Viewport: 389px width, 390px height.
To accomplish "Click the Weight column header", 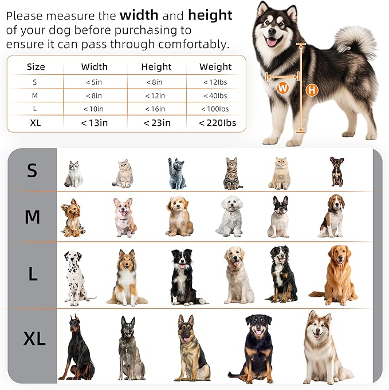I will tap(215, 67).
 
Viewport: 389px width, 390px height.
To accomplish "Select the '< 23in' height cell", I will tap(156, 122).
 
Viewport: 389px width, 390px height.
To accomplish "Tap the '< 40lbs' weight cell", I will tap(215, 95).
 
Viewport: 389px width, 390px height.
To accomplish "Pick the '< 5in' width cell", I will tap(94, 82).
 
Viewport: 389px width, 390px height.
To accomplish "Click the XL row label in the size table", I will tap(36, 122).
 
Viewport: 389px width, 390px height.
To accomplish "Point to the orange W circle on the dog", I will tap(282, 88).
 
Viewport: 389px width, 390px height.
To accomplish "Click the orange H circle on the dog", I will tap(312, 90).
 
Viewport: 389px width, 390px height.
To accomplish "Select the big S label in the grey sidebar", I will tap(33, 170).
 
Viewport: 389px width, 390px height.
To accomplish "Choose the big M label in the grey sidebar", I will tap(33, 217).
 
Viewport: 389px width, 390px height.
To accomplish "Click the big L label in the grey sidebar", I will tap(33, 274).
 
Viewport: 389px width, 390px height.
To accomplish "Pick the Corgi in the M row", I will tap(125, 217).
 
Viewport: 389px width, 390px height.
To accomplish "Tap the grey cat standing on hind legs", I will tap(177, 173).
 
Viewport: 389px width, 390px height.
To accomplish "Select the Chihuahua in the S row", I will tap(337, 172).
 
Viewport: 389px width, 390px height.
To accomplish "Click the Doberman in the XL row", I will tap(77, 347).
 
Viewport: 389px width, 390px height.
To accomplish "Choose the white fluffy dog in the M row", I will tap(230, 217).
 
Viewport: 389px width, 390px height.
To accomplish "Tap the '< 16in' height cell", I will tap(156, 109).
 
